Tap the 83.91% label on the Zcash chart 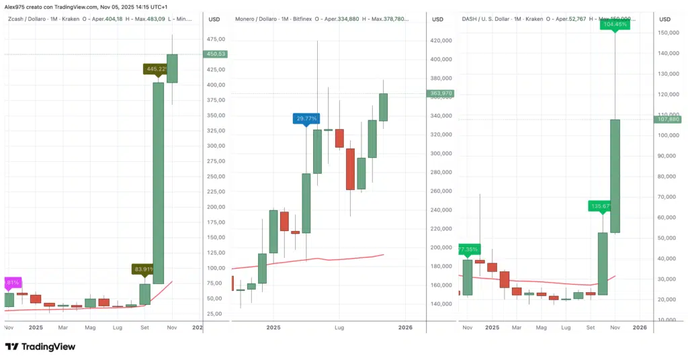click(144, 269)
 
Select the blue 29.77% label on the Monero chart click(306, 119)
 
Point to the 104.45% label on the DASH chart click(615, 24)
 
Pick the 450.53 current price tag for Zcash click(215, 54)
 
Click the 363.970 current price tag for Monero click(439, 93)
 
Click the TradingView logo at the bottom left click(40, 347)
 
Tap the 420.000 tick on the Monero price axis click(441, 40)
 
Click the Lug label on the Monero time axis click(339, 328)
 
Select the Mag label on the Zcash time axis click(90, 328)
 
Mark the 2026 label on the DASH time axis click(640, 328)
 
